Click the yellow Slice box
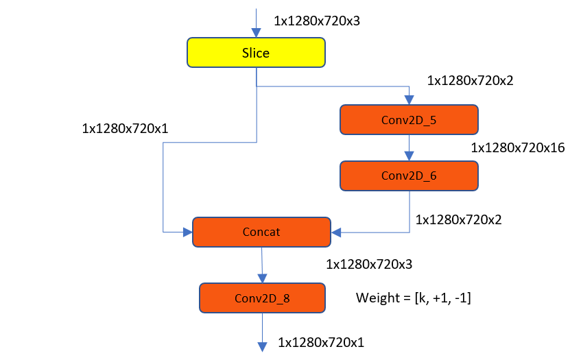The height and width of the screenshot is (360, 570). [x=255, y=53]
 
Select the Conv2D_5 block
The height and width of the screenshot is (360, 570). [x=409, y=119]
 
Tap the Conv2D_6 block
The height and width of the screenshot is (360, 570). [x=409, y=176]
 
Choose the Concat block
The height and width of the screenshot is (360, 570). [x=261, y=232]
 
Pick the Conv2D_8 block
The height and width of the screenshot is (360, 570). [x=261, y=298]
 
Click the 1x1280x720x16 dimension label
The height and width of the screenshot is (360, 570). [x=517, y=147]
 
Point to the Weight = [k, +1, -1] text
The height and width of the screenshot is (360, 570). [x=413, y=298]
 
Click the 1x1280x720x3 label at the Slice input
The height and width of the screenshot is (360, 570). [x=317, y=21]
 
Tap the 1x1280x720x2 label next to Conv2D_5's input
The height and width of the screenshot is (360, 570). [x=470, y=80]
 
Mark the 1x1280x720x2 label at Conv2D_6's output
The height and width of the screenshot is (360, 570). [x=459, y=219]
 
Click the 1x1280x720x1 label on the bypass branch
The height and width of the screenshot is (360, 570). [x=125, y=128]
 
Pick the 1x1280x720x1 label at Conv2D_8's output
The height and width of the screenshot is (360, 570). [x=321, y=341]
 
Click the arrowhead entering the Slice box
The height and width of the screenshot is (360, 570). [x=256, y=33]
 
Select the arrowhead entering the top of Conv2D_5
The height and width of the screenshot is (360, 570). [x=409, y=100]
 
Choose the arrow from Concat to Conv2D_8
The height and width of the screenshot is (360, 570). [x=261, y=265]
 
